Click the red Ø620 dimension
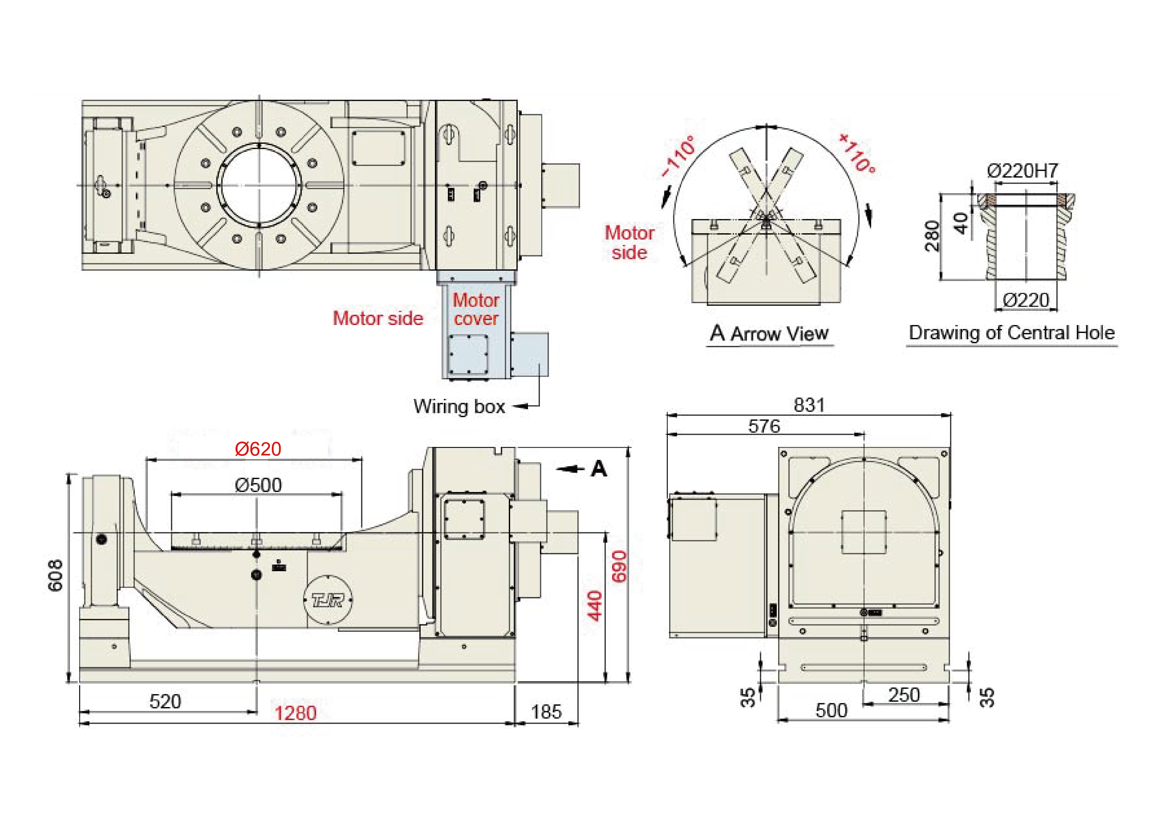[x=258, y=449]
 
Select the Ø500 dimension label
[x=258, y=485]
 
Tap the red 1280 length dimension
[x=295, y=713]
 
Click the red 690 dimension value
[x=619, y=567]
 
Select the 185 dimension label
[x=546, y=712]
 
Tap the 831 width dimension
[x=809, y=405]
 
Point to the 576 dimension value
[x=764, y=426]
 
